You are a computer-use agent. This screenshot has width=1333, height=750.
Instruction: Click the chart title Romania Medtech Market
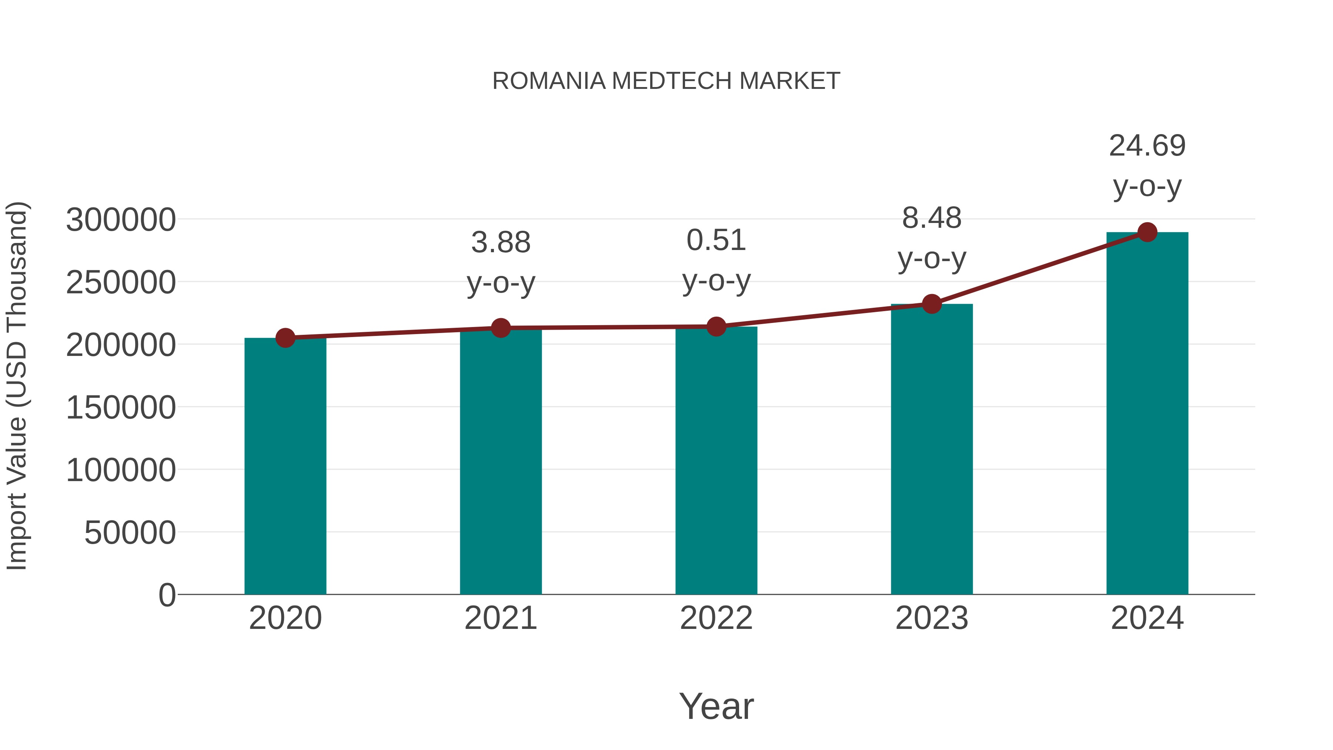click(x=666, y=81)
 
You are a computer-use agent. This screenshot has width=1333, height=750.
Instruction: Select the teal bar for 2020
click(x=285, y=466)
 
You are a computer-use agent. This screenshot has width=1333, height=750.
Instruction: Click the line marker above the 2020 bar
click(x=285, y=338)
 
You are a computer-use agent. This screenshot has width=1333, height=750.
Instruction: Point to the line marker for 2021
click(x=501, y=328)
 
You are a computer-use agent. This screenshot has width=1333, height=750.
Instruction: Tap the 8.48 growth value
click(x=932, y=218)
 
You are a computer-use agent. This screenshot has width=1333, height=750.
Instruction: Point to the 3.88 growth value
click(x=501, y=242)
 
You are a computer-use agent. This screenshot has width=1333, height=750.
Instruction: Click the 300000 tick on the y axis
click(x=121, y=220)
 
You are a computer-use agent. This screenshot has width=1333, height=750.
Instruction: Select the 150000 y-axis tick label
click(x=121, y=407)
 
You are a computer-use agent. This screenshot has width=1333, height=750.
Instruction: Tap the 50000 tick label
click(x=130, y=533)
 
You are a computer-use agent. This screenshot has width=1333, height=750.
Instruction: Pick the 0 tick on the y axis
click(x=167, y=595)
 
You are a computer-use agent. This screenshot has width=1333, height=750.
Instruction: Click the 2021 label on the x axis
click(x=501, y=618)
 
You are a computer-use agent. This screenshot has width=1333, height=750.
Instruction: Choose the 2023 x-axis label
click(x=932, y=618)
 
